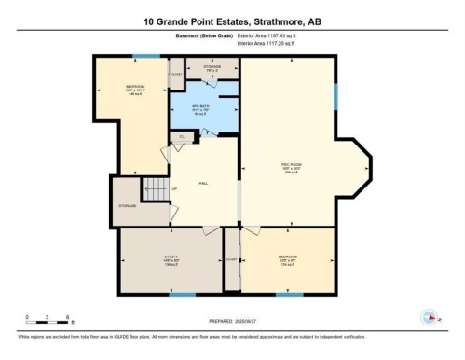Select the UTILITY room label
tap(144, 257)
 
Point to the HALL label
tap(203, 183)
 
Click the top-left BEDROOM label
tap(136, 88)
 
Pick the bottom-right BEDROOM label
tap(288, 257)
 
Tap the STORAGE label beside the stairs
tap(128, 205)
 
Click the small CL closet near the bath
tap(183, 137)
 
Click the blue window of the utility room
tap(183, 296)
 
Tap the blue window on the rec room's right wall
tap(335, 95)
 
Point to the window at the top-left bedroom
tap(144, 56)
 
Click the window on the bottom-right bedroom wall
tap(289, 296)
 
